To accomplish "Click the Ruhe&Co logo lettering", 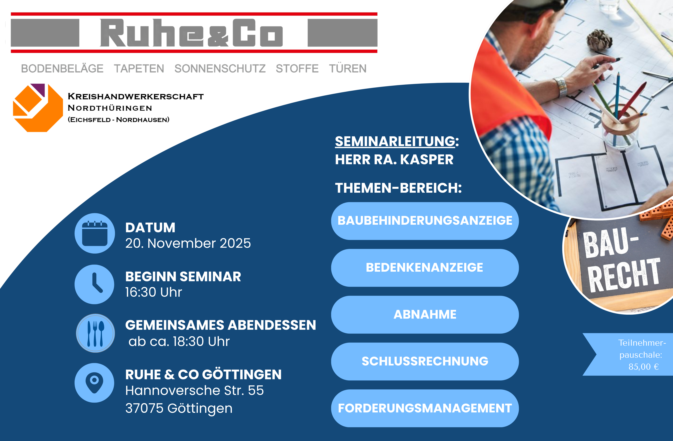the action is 191,33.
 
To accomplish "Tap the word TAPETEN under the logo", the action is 139,69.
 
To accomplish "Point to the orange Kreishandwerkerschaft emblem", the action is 38,108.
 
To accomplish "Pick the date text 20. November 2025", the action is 188,243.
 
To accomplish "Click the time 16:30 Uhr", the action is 154,292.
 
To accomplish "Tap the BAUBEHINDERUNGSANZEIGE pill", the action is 425,221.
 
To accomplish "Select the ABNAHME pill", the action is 425,314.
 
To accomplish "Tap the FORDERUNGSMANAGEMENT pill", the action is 425,408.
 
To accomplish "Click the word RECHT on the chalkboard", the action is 624,275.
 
